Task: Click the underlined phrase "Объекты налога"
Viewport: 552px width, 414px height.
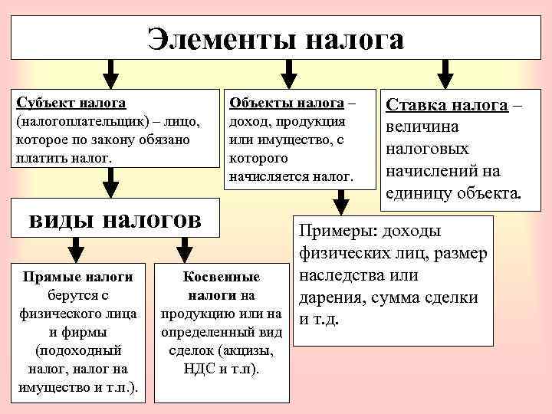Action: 286,102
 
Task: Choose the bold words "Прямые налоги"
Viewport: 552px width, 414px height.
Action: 78,277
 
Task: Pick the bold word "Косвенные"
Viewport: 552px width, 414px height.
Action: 222,278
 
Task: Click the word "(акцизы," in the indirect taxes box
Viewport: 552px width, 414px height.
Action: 246,351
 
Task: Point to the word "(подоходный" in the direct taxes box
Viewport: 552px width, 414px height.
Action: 78,350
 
